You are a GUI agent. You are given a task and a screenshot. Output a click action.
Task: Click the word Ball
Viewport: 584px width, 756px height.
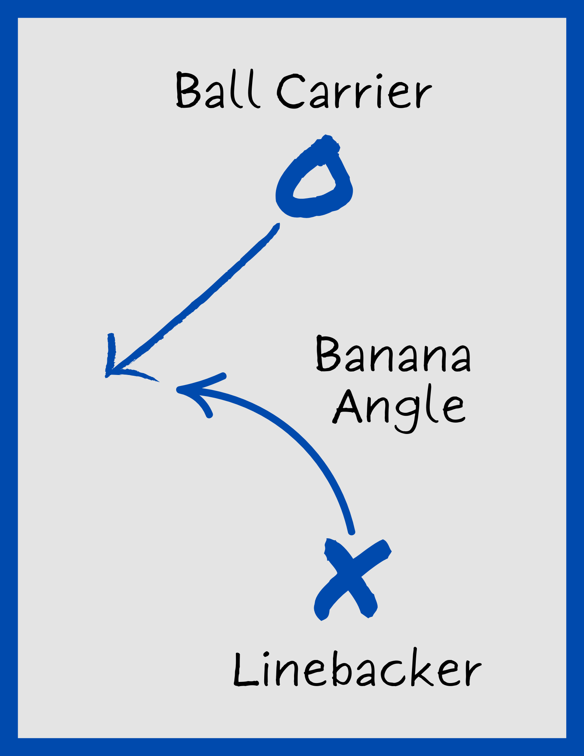(217, 90)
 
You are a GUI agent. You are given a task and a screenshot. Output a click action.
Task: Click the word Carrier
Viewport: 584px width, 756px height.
(355, 91)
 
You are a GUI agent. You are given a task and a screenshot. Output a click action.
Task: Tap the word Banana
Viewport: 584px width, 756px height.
(393, 354)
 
